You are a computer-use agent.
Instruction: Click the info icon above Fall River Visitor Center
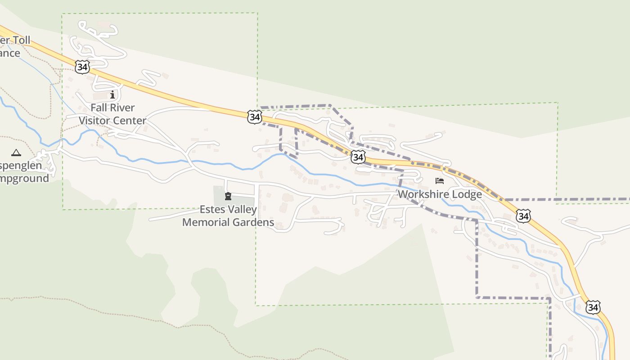click(112, 95)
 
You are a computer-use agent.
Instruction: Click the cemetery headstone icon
click(228, 196)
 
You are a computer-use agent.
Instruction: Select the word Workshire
click(420, 194)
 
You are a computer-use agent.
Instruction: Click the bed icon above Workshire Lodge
click(440, 181)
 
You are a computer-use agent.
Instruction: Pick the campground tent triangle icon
click(16, 153)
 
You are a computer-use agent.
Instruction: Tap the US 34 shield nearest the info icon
click(82, 67)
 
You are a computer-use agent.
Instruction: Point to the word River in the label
click(121, 108)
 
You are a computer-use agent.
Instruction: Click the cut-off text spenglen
click(21, 166)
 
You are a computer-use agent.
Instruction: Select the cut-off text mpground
click(25, 178)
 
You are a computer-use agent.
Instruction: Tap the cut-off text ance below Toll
click(10, 53)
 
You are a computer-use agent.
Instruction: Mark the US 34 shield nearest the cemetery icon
click(255, 117)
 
